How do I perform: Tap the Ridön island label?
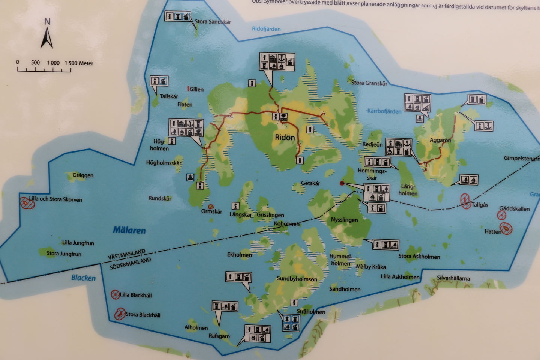(285, 138)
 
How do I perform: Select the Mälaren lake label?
(129, 230)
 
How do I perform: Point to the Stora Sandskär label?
(213, 22)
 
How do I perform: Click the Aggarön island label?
(440, 141)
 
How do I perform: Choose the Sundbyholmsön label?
(297, 279)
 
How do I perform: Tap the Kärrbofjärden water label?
(384, 111)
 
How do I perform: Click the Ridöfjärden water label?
(266, 29)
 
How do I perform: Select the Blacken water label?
(83, 278)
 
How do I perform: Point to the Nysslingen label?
(344, 220)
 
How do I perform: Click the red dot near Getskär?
(342, 183)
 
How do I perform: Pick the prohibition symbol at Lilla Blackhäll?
(115, 295)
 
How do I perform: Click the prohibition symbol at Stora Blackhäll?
(120, 313)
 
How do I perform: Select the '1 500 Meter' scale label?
(79, 63)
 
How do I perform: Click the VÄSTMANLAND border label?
(126, 255)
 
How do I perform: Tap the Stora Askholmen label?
(419, 257)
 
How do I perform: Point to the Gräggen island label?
(83, 175)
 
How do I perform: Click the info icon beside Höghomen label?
(172, 141)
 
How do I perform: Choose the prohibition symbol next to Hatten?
(506, 228)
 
